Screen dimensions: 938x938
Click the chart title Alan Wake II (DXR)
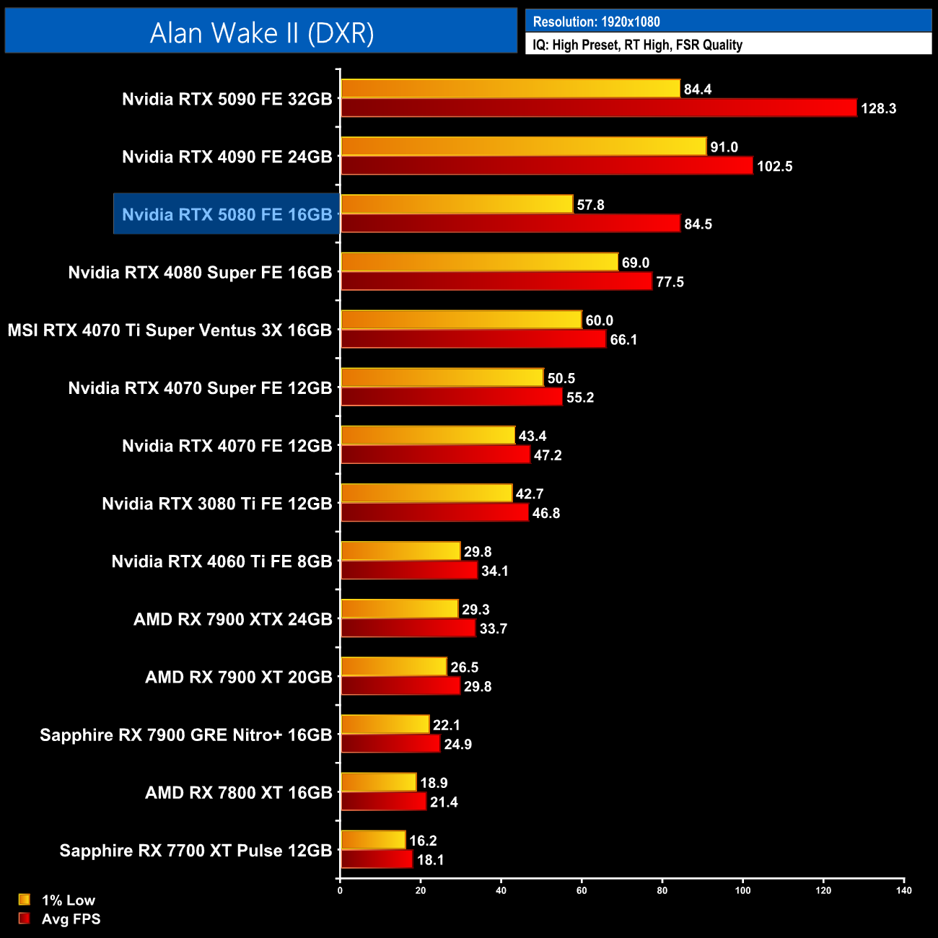click(x=261, y=33)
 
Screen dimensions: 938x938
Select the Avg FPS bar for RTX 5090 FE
click(x=598, y=108)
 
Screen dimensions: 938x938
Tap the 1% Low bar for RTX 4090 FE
click(x=523, y=146)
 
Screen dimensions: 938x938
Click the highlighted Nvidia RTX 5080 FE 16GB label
click(x=227, y=214)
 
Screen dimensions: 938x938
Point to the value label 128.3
click(x=878, y=109)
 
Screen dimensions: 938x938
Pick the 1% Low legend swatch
click(x=25, y=900)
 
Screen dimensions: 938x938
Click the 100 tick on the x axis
click(x=742, y=890)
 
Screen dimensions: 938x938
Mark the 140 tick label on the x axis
click(x=904, y=890)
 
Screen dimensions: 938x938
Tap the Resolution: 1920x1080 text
click(x=596, y=22)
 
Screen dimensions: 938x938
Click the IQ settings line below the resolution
click(x=637, y=45)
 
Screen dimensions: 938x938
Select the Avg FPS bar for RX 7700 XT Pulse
click(x=377, y=859)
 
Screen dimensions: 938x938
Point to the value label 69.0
click(x=636, y=263)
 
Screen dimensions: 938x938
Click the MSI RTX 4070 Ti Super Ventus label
click(x=170, y=330)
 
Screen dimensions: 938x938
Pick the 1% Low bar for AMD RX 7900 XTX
click(x=399, y=609)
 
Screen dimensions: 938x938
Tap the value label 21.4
click(x=444, y=802)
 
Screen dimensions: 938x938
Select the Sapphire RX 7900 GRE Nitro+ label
click(x=185, y=735)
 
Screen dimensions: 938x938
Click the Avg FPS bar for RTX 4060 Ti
click(x=409, y=571)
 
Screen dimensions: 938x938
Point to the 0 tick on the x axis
click(x=340, y=890)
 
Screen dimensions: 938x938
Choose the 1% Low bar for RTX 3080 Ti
click(x=426, y=494)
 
